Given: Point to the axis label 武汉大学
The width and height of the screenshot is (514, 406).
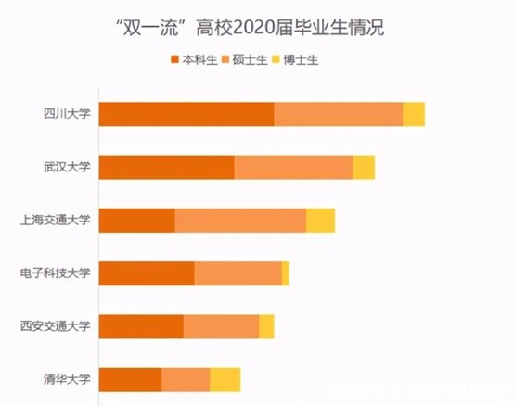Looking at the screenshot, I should click(x=67, y=167).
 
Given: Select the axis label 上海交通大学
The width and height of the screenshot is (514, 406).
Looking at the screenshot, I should click(x=56, y=221).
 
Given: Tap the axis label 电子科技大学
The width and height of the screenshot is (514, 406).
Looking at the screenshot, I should click(x=56, y=273).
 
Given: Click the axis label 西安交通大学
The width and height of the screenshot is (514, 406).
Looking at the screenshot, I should click(x=56, y=326).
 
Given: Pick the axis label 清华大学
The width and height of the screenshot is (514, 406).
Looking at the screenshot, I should click(x=67, y=379).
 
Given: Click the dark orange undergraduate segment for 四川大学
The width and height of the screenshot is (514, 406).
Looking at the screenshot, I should click(x=186, y=114).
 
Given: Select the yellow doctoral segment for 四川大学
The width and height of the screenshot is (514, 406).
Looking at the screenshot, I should click(x=414, y=114).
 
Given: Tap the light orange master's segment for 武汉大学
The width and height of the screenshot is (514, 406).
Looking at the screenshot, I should click(x=293, y=167).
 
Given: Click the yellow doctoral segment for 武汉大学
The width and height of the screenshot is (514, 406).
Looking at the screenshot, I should click(x=364, y=167).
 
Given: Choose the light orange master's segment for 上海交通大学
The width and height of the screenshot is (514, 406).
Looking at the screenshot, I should click(x=240, y=221).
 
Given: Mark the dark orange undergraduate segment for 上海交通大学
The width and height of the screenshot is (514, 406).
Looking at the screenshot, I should click(x=137, y=221).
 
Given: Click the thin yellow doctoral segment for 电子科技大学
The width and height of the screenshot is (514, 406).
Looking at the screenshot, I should click(x=285, y=273).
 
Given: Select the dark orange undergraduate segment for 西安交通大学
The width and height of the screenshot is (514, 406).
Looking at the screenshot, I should click(x=141, y=326).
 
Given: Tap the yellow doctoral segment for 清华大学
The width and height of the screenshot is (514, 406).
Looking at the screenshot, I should click(x=225, y=379).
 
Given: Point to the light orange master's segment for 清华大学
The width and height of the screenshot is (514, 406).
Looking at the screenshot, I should click(x=186, y=379).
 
